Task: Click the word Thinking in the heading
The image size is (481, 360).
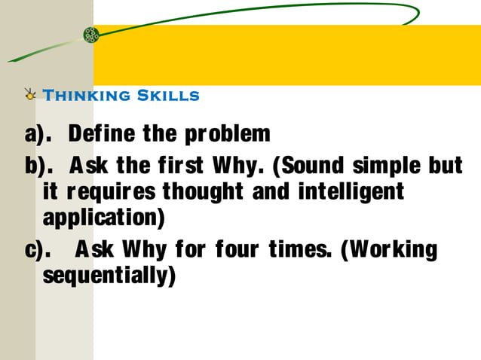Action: tap(87, 96)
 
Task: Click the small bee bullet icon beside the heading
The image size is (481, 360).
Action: tap(30, 95)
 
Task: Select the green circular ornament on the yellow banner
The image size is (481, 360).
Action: tap(91, 35)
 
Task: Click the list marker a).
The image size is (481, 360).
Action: tap(38, 135)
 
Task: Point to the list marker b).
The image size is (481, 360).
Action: tap(38, 166)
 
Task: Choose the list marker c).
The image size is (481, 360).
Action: tap(37, 249)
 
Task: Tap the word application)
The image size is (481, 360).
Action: tap(104, 219)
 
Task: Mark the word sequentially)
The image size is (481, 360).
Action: tap(109, 276)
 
